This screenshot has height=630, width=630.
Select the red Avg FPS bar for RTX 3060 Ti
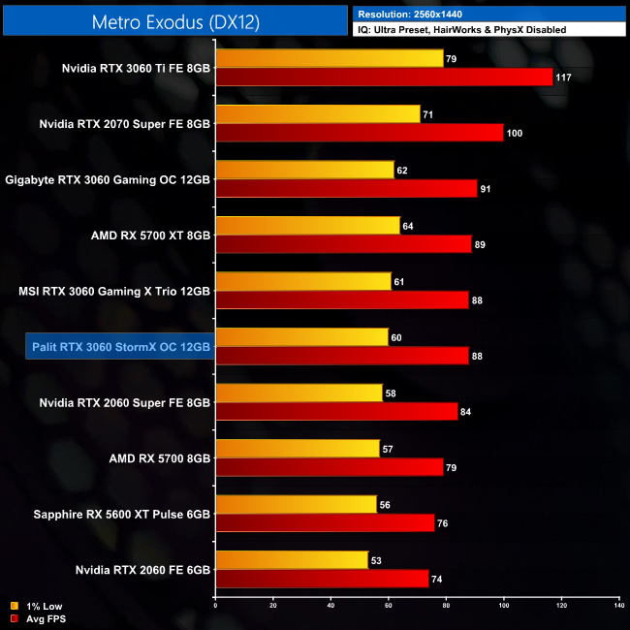[384, 78]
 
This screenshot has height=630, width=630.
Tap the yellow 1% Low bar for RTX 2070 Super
[318, 114]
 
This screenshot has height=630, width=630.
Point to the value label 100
[514, 133]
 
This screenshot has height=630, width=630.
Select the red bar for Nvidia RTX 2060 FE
[322, 579]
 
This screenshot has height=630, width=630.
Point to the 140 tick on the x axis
[618, 607]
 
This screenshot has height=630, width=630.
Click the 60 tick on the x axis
[388, 607]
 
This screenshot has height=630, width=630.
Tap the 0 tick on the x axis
[215, 607]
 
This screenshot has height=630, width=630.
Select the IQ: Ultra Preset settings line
[461, 30]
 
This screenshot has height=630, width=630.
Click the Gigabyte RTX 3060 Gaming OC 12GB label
[108, 179]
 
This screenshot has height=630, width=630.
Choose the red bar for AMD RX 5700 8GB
[330, 467]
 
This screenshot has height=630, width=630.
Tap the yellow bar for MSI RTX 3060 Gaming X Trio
[302, 281]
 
